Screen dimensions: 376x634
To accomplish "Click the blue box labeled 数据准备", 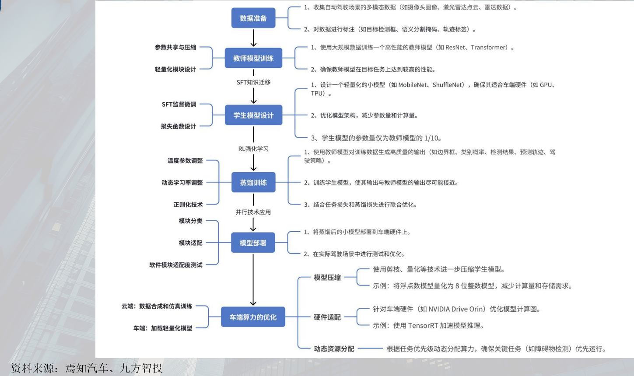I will (253, 18).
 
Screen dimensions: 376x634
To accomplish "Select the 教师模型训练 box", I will (253, 58).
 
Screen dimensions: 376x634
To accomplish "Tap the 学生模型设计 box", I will (253, 115).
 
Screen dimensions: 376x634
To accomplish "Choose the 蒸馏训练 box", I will (253, 182).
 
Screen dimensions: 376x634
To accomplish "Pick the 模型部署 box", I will (253, 243).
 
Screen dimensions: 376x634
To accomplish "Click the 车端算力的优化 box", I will (253, 317).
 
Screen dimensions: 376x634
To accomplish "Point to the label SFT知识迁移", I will (253, 82).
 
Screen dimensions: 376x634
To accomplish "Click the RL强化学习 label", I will (253, 149).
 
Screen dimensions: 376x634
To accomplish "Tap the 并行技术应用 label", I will (253, 212).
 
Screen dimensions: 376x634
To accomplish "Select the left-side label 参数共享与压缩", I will (175, 47).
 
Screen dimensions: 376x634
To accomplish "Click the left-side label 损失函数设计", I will (179, 126).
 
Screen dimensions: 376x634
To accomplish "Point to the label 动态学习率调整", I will (182, 182).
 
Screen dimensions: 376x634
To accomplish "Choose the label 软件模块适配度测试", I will (176, 265).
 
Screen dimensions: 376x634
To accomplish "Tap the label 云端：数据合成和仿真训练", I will (157, 306).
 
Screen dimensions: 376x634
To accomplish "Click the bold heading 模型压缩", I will (327, 277).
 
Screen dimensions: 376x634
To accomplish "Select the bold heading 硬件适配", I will (327, 317).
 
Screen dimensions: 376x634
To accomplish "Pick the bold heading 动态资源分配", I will (334, 348).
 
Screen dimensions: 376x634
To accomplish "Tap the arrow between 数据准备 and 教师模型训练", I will (253, 38).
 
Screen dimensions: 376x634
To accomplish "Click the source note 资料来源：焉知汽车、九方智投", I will (87, 368).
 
